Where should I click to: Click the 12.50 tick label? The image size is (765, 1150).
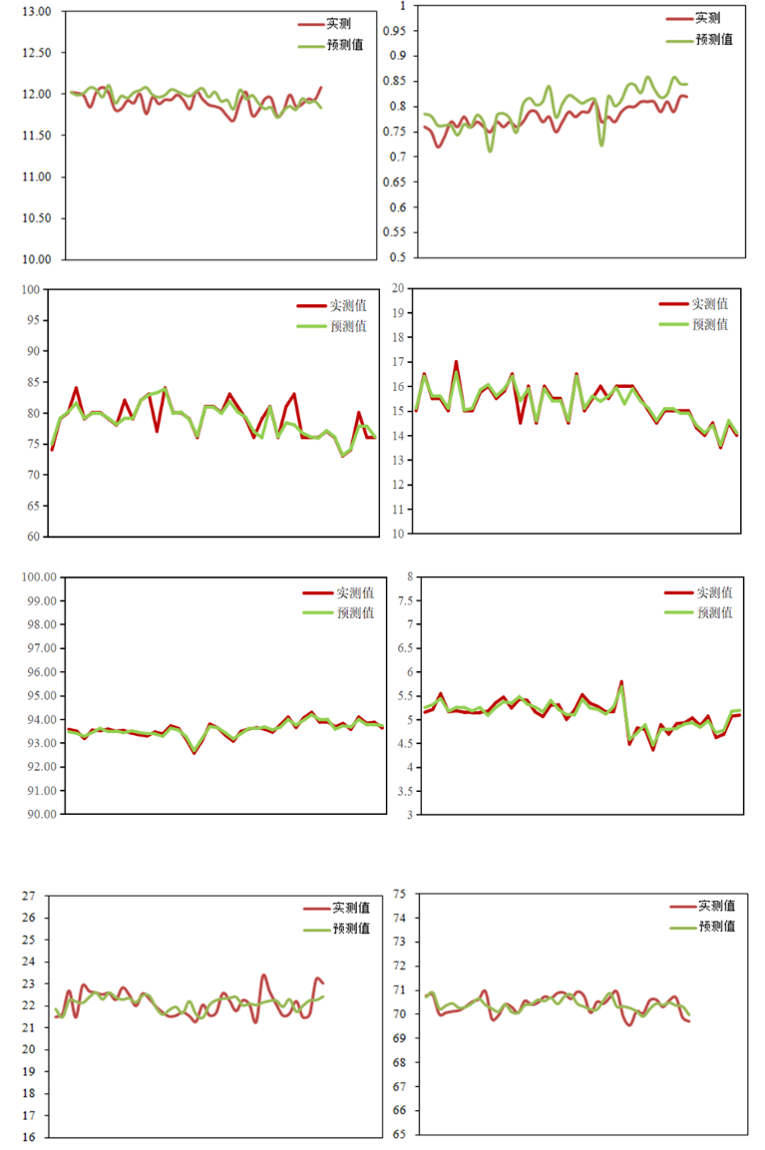coord(37,53)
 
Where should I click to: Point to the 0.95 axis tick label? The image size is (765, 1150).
coord(395,31)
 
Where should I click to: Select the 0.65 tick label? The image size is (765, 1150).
coord(395,182)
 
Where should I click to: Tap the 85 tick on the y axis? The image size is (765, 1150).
coord(33,382)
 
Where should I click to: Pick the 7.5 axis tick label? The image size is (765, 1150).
coord(405,600)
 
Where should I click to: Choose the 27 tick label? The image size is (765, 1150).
coord(29,896)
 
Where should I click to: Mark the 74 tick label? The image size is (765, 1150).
coord(399,918)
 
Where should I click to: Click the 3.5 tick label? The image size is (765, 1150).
coord(405,791)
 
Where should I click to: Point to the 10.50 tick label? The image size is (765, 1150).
coord(37,217)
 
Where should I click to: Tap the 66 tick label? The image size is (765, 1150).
coord(399,1110)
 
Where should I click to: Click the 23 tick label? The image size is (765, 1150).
coord(29,983)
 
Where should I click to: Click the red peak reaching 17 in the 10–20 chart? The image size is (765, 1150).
coord(456,362)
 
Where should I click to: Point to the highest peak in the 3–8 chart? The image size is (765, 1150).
coord(621,682)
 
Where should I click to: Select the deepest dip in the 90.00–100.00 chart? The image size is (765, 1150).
coord(194,753)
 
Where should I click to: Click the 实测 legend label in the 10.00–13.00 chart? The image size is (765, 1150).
coord(338,24)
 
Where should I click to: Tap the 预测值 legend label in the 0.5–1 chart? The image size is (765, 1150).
coord(714,40)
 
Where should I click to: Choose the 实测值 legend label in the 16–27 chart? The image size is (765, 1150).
coord(351,908)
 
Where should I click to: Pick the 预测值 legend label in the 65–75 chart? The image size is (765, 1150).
coord(716,927)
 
